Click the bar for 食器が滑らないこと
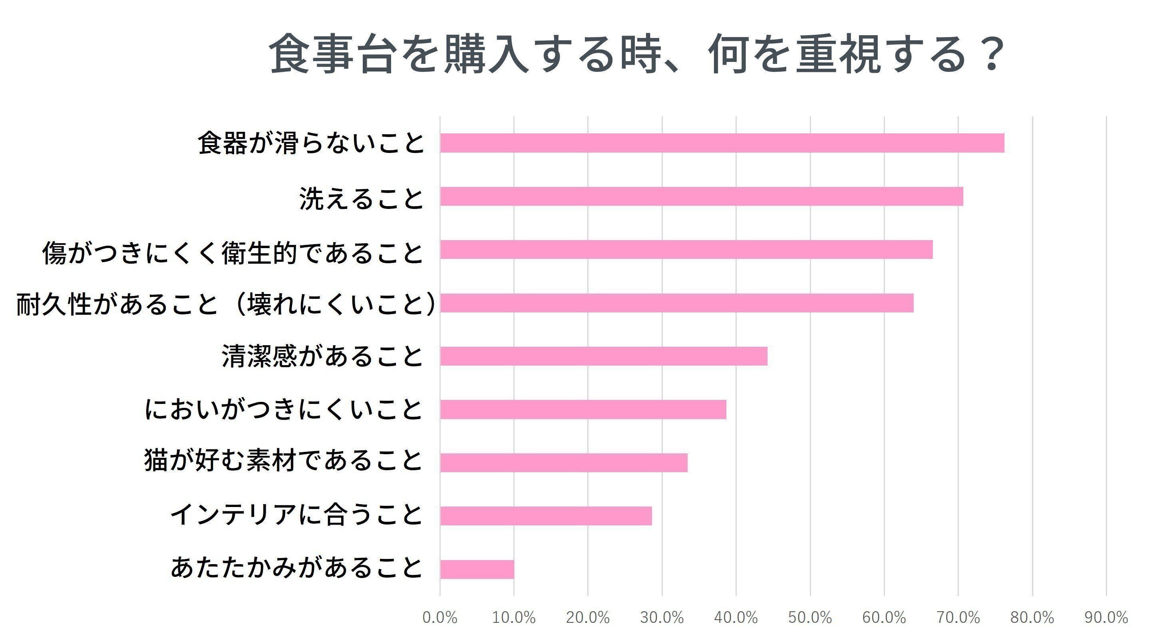pyautogui.click(x=722, y=143)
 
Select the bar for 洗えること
pyautogui.click(x=701, y=196)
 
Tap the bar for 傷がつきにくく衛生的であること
pyautogui.click(x=686, y=249)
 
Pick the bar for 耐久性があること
pyautogui.click(x=676, y=303)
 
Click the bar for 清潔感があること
pyautogui.click(x=604, y=356)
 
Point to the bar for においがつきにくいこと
pyautogui.click(x=583, y=409)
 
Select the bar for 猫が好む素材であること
pyautogui.click(x=563, y=463)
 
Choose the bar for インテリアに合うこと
pyautogui.click(x=545, y=516)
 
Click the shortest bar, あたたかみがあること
pyautogui.click(x=477, y=569)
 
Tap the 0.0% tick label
pyautogui.click(x=440, y=618)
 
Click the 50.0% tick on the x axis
pyautogui.click(x=810, y=618)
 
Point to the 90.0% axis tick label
pyautogui.click(x=1106, y=618)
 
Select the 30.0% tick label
pyautogui.click(x=662, y=618)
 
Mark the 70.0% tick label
pyautogui.click(x=958, y=618)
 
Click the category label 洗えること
pyautogui.click(x=361, y=199)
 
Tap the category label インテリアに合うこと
pyautogui.click(x=296, y=514)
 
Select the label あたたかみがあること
pyautogui.click(x=296, y=567)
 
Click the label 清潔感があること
pyautogui.click(x=322, y=356)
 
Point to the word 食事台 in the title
pyautogui.click(x=333, y=54)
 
